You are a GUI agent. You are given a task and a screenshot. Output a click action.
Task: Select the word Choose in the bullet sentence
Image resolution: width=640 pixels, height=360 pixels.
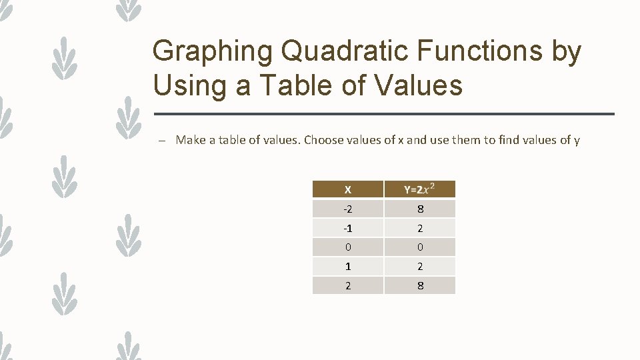point(323,140)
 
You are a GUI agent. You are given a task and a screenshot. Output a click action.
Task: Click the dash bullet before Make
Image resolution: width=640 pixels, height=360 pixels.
point(161,141)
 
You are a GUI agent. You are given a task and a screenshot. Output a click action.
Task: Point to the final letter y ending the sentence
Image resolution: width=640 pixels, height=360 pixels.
point(577,141)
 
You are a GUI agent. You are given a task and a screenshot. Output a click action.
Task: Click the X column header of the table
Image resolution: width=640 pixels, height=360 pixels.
point(348,190)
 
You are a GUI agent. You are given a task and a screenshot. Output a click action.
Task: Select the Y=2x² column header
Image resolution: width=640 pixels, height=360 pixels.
point(420,190)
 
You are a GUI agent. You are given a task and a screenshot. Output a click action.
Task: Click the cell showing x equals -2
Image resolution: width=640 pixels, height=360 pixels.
point(348,209)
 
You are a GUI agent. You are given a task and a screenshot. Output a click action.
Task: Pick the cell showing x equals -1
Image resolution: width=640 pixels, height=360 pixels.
point(348,229)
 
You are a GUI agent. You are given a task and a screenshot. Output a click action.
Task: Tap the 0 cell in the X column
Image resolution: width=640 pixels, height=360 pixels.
point(348,247)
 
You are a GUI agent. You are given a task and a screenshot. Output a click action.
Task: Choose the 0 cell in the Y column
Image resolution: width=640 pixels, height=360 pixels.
point(420,247)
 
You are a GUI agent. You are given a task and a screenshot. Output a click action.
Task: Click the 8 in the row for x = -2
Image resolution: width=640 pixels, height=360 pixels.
point(420,209)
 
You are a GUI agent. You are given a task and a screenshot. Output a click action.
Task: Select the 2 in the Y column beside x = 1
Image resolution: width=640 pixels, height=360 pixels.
point(420,267)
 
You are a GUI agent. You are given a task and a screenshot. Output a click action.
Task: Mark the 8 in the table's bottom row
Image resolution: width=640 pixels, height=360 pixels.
point(420,286)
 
